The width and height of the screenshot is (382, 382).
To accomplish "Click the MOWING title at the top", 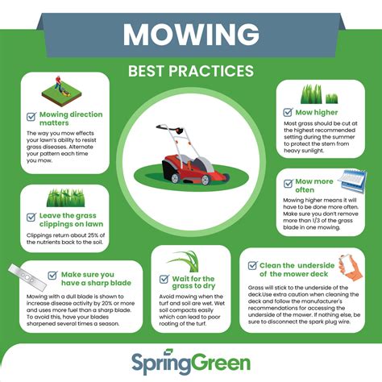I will (x=190, y=35).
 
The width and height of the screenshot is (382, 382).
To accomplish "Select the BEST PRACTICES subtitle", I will (x=191, y=71).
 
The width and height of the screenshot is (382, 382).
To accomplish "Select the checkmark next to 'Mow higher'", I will (x=286, y=112).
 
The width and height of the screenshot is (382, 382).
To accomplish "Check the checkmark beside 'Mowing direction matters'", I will (x=31, y=115).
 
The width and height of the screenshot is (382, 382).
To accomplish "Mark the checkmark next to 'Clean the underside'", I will (x=252, y=264).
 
